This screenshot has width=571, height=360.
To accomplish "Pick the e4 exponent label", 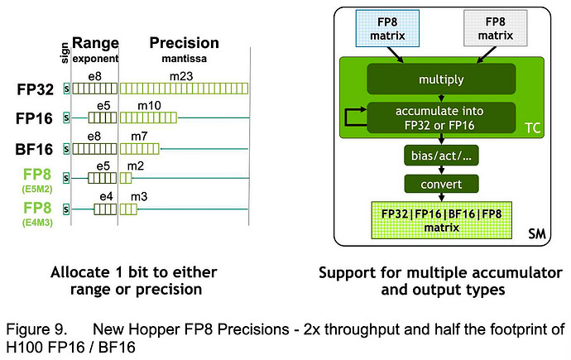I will (x=104, y=195).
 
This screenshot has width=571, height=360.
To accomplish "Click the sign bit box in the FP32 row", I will (x=66, y=88).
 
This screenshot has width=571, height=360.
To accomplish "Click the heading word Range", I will (x=95, y=43).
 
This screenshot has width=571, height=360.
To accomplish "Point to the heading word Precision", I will (x=184, y=43).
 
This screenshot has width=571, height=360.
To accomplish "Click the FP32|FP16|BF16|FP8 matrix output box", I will (x=440, y=220).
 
